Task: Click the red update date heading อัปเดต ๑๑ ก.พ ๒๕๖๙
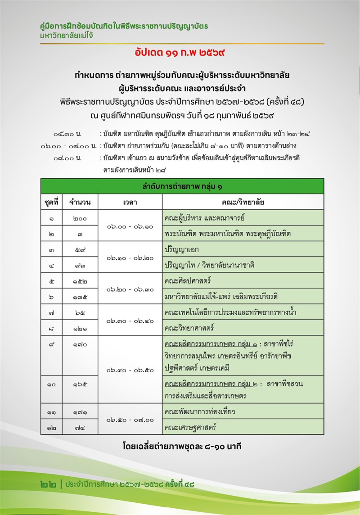point(180,53)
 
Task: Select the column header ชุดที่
point(52,202)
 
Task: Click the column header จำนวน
point(80,202)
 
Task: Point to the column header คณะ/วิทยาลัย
point(243,202)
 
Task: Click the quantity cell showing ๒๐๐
point(80,218)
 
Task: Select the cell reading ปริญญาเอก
point(182,249)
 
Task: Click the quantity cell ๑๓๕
point(80,296)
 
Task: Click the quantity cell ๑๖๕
point(80,384)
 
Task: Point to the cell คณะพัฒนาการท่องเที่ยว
point(200,411)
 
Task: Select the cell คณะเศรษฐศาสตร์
point(190,427)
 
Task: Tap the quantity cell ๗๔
point(80,427)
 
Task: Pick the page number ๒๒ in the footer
point(49,484)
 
